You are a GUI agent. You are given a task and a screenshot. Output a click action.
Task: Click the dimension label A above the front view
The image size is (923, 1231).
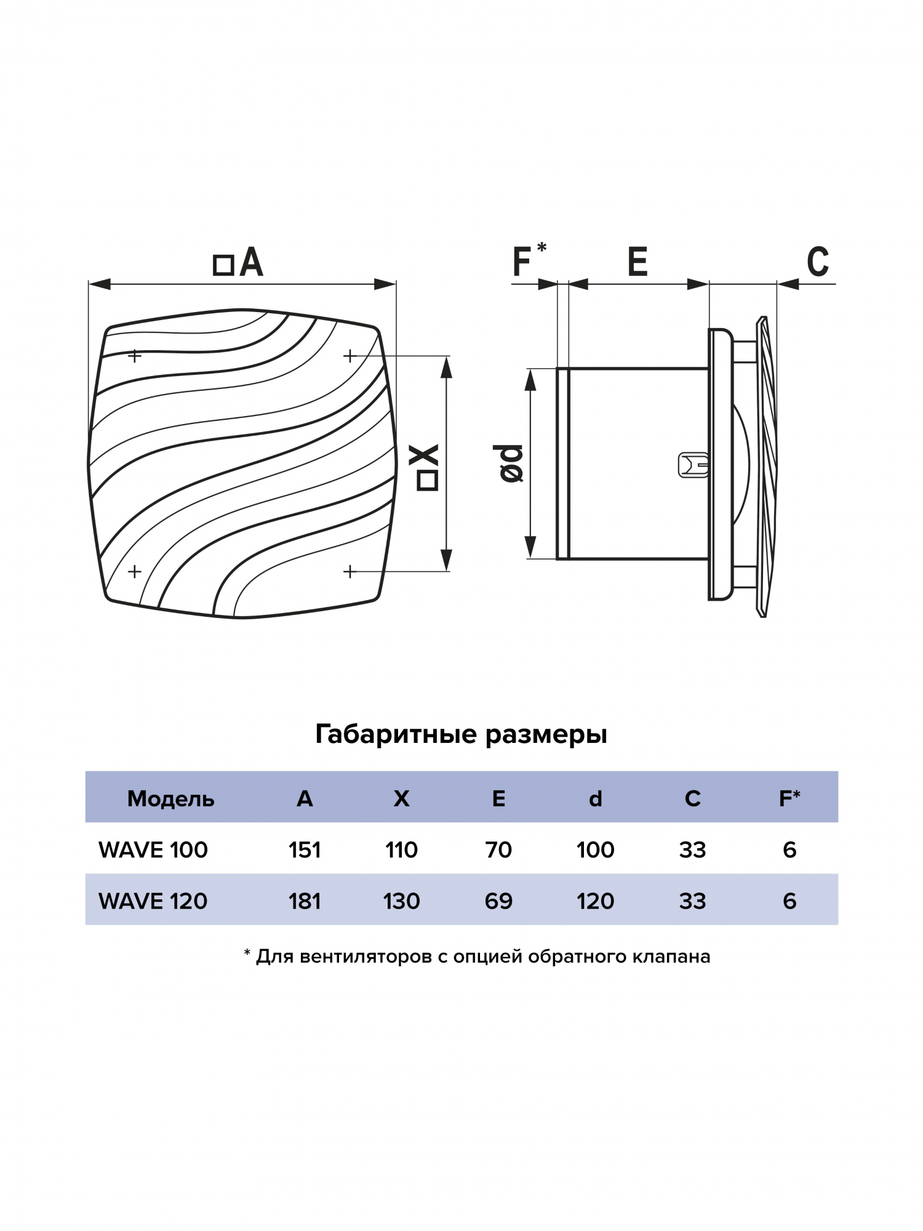(x=250, y=263)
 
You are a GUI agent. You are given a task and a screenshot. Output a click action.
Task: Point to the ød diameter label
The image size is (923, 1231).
(x=511, y=463)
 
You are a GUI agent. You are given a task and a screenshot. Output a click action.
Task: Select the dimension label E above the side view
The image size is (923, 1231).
(x=637, y=262)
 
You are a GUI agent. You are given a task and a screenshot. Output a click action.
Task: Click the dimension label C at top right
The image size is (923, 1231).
(x=818, y=262)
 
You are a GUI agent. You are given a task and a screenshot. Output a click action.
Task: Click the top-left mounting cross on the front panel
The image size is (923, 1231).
(x=135, y=356)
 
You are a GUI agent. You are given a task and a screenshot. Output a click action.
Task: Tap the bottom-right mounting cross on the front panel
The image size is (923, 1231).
(x=350, y=572)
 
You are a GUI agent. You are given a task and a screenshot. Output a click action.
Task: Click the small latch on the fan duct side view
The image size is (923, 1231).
(x=693, y=465)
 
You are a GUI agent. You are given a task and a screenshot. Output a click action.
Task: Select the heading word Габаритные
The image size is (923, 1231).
(x=396, y=734)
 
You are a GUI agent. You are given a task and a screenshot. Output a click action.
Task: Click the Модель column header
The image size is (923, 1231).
(x=170, y=799)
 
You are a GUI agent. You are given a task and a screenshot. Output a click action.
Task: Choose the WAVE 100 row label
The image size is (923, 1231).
(x=153, y=850)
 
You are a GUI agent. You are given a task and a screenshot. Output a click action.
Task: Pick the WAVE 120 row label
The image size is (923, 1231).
(x=153, y=901)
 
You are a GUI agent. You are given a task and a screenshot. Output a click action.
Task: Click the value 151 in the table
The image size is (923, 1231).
(x=305, y=850)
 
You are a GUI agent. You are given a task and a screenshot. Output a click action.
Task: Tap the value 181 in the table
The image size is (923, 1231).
(x=305, y=901)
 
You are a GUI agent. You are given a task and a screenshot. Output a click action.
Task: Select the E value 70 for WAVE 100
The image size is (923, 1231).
(x=498, y=850)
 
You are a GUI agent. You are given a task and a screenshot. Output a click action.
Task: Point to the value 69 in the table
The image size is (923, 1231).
(x=498, y=901)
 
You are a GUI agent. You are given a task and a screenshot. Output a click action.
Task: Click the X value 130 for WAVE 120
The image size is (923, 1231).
(x=401, y=901)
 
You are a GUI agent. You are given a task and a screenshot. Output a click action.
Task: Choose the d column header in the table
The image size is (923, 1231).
(x=595, y=799)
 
